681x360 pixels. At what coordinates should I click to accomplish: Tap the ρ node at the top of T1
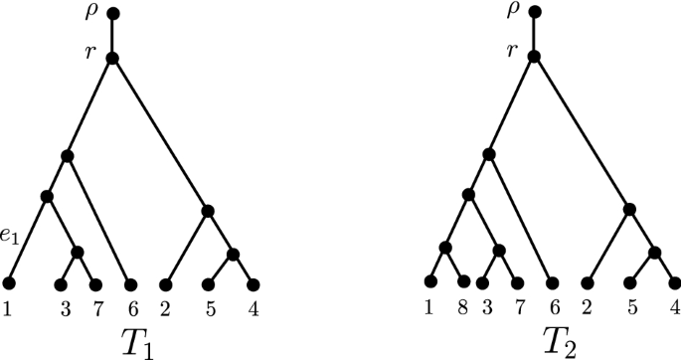(112, 14)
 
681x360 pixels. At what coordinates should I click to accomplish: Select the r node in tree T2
(534, 56)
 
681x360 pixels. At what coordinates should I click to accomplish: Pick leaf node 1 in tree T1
(9, 283)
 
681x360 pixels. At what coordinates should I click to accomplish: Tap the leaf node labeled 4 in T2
(675, 282)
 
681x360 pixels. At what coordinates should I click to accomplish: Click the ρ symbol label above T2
(513, 11)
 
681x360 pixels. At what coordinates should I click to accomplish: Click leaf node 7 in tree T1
(97, 283)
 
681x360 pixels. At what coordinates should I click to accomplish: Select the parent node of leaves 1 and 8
(445, 248)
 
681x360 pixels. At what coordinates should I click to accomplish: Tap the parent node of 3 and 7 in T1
(78, 252)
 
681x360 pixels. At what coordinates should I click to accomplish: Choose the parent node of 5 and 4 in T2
(655, 252)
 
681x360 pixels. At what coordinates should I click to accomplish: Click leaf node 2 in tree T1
(164, 283)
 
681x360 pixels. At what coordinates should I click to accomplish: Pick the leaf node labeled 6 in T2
(551, 282)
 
